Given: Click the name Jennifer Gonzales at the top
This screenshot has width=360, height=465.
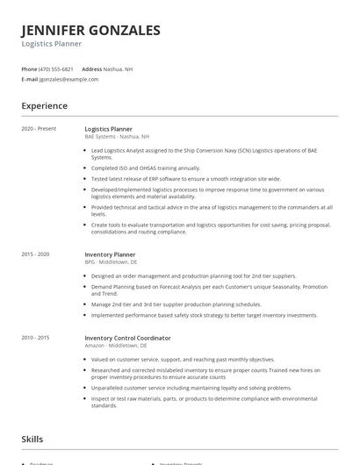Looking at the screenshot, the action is click(x=90, y=30).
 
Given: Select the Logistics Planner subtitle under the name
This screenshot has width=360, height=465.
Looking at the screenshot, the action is click(x=52, y=44).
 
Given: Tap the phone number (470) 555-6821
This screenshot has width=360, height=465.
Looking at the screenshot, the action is click(x=56, y=68).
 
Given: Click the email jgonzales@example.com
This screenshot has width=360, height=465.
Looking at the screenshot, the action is click(x=68, y=79).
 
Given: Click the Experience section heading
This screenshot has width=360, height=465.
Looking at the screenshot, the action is click(x=45, y=106).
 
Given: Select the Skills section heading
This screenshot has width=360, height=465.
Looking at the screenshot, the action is click(x=32, y=439).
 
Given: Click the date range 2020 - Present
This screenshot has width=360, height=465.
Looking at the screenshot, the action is click(x=39, y=129).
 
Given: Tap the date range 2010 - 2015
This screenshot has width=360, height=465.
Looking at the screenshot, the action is click(x=36, y=338).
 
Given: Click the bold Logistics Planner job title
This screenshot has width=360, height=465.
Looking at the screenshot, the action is click(x=109, y=129).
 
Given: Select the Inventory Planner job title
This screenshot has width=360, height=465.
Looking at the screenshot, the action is click(x=110, y=254).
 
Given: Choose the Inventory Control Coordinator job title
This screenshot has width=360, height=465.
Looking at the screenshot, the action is click(x=127, y=338).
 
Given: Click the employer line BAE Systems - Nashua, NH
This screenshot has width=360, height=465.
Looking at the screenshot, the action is click(x=117, y=137).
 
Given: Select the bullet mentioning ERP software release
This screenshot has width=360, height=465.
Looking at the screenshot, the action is click(x=174, y=178).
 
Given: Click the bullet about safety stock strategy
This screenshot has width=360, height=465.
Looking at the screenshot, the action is click(x=204, y=315).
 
